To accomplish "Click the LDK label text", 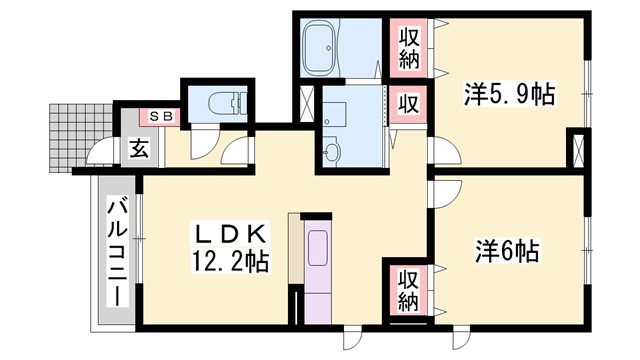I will (x=228, y=236).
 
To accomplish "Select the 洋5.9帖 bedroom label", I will (x=509, y=97).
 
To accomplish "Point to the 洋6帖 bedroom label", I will (x=507, y=250).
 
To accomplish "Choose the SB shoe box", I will (x=161, y=115).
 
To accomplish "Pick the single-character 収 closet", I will (x=410, y=103).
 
